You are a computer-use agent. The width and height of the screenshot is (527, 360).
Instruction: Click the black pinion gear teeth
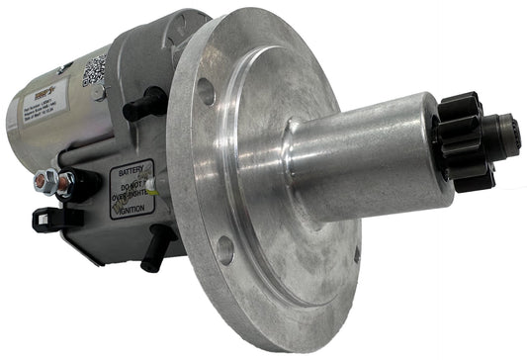click(x=465, y=138)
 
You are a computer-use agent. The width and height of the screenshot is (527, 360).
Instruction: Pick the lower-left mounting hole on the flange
click(x=226, y=249)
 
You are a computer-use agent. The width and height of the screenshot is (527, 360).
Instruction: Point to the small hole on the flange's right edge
click(x=355, y=255)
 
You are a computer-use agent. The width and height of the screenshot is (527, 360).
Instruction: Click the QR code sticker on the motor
click(x=95, y=68)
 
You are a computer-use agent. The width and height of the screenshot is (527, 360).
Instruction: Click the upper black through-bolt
click(x=148, y=101)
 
